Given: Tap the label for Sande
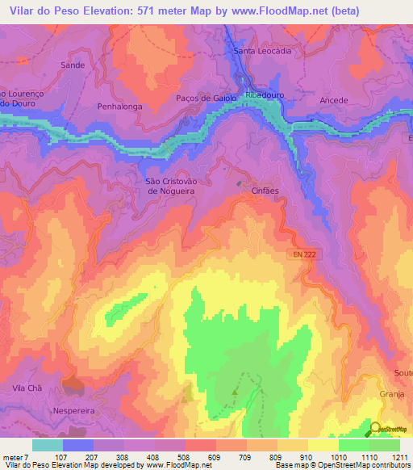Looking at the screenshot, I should [x=73, y=64].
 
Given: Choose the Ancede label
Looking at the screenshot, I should [x=334, y=101].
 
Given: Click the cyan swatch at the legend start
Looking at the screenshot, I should [x=47, y=445].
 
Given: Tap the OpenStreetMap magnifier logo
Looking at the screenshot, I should [x=377, y=428].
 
